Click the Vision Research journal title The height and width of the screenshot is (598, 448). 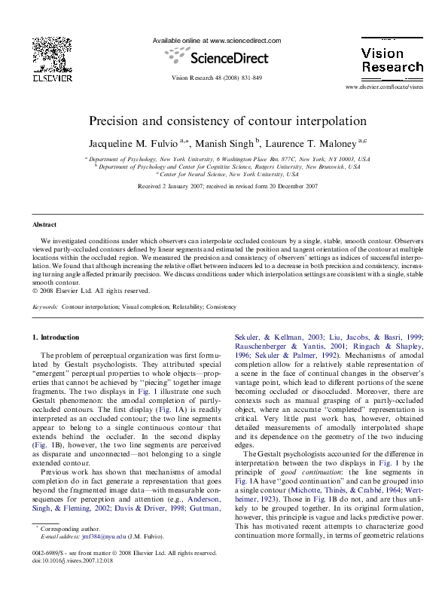(392, 60)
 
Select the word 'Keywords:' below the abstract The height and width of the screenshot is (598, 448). (45, 307)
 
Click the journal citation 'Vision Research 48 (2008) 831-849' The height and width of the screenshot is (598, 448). (217, 78)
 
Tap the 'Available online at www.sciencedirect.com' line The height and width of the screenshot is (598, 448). (217, 40)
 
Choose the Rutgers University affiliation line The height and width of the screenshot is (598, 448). (227, 166)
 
